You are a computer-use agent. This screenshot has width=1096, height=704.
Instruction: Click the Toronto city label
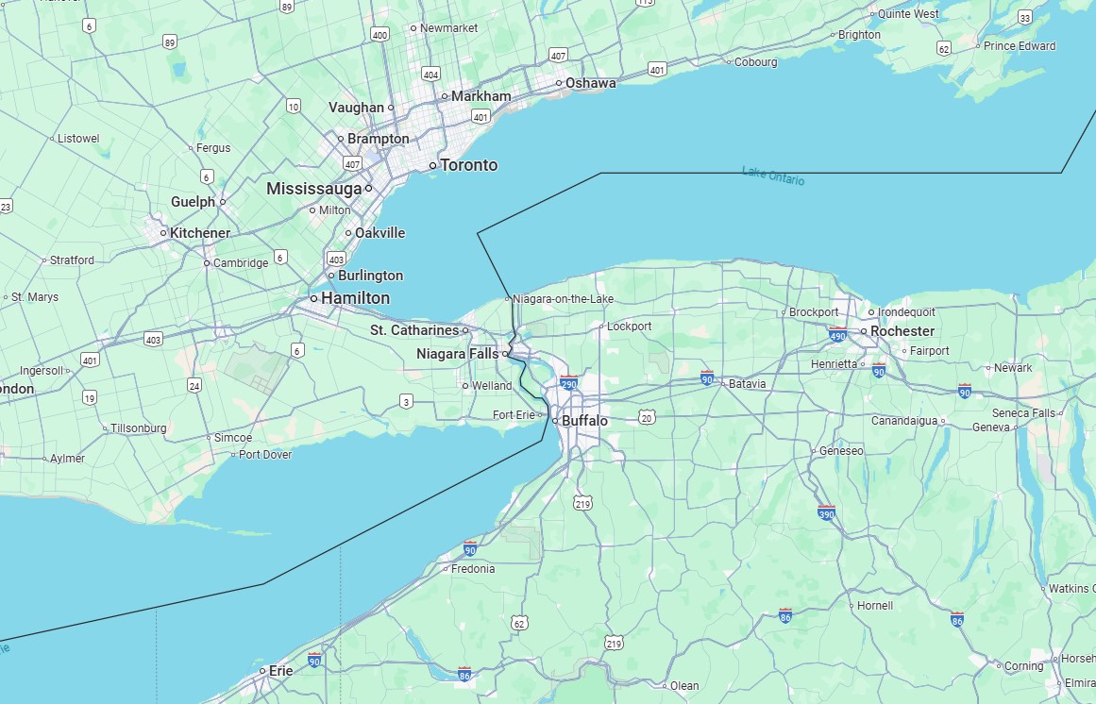tap(468, 165)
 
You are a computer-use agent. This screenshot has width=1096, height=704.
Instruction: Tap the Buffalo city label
tap(584, 421)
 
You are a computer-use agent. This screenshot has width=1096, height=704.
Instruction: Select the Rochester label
tap(902, 331)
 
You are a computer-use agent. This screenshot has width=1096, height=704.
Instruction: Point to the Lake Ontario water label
tap(773, 175)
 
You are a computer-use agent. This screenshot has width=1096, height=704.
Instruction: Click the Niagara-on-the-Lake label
tap(563, 299)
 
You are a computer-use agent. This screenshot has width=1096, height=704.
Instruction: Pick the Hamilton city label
tap(355, 298)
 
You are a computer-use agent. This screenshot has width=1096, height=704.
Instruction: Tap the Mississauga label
tap(313, 189)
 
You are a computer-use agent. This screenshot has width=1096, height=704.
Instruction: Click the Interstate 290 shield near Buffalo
tap(568, 383)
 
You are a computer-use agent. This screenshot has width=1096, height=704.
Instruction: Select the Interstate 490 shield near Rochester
tap(837, 334)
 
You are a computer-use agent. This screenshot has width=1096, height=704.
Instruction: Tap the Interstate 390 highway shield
tap(827, 512)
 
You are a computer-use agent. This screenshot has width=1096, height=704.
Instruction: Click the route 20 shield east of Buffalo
tap(647, 416)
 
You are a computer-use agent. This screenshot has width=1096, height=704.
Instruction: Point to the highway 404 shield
tap(431, 75)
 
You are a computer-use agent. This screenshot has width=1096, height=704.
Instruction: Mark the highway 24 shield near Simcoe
tap(194, 385)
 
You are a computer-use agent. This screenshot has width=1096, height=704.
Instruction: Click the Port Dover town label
tap(265, 455)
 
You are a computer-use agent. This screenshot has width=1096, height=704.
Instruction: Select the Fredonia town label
tap(473, 569)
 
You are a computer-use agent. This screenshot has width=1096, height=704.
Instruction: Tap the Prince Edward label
tap(1020, 46)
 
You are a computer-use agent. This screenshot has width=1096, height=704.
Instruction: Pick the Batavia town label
tap(747, 384)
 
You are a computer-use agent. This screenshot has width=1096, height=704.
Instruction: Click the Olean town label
tap(684, 686)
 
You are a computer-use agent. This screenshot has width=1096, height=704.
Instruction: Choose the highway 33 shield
tap(1025, 18)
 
